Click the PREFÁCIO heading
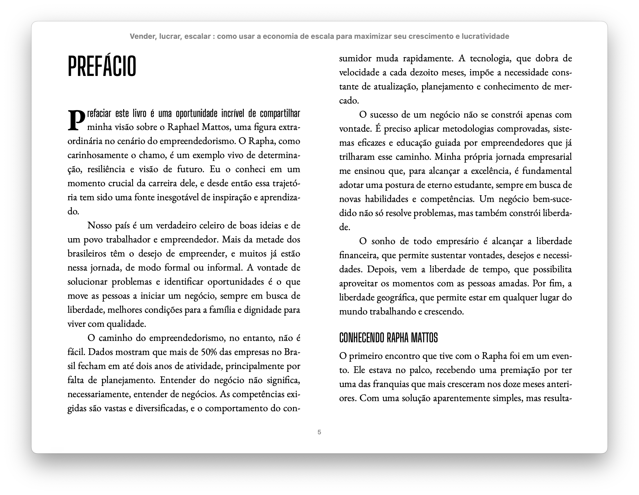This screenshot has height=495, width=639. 102,66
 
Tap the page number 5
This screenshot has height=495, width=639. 319,432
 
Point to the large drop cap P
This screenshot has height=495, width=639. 76,120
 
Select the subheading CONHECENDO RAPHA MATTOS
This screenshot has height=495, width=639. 388,337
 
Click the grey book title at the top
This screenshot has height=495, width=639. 319,36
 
